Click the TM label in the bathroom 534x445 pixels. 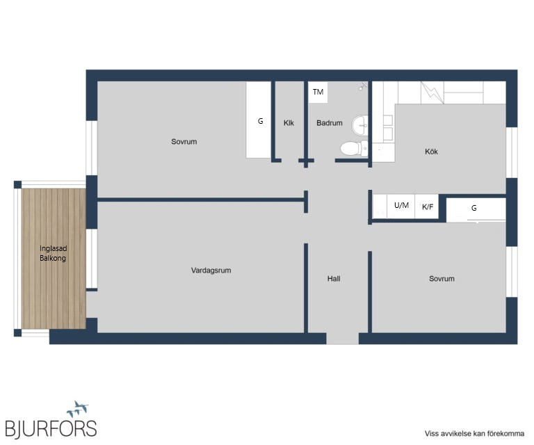318,92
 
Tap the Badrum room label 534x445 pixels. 330,123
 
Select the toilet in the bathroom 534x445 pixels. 354,148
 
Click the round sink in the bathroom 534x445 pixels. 359,125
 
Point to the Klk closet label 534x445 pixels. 289,123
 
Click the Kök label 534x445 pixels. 431,152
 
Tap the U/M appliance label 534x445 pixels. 401,205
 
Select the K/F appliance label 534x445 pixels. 428,207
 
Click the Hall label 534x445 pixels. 334,279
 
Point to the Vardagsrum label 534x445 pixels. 211,270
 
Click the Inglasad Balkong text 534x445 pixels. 53,253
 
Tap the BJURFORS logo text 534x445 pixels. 51,428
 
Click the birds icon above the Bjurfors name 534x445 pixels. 78,409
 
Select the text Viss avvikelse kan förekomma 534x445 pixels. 474,434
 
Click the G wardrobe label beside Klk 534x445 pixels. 260,121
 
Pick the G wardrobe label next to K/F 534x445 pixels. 474,208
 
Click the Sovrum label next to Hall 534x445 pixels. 442,279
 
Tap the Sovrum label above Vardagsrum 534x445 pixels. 184,142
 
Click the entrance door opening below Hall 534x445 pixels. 343,339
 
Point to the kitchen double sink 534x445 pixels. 388,128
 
